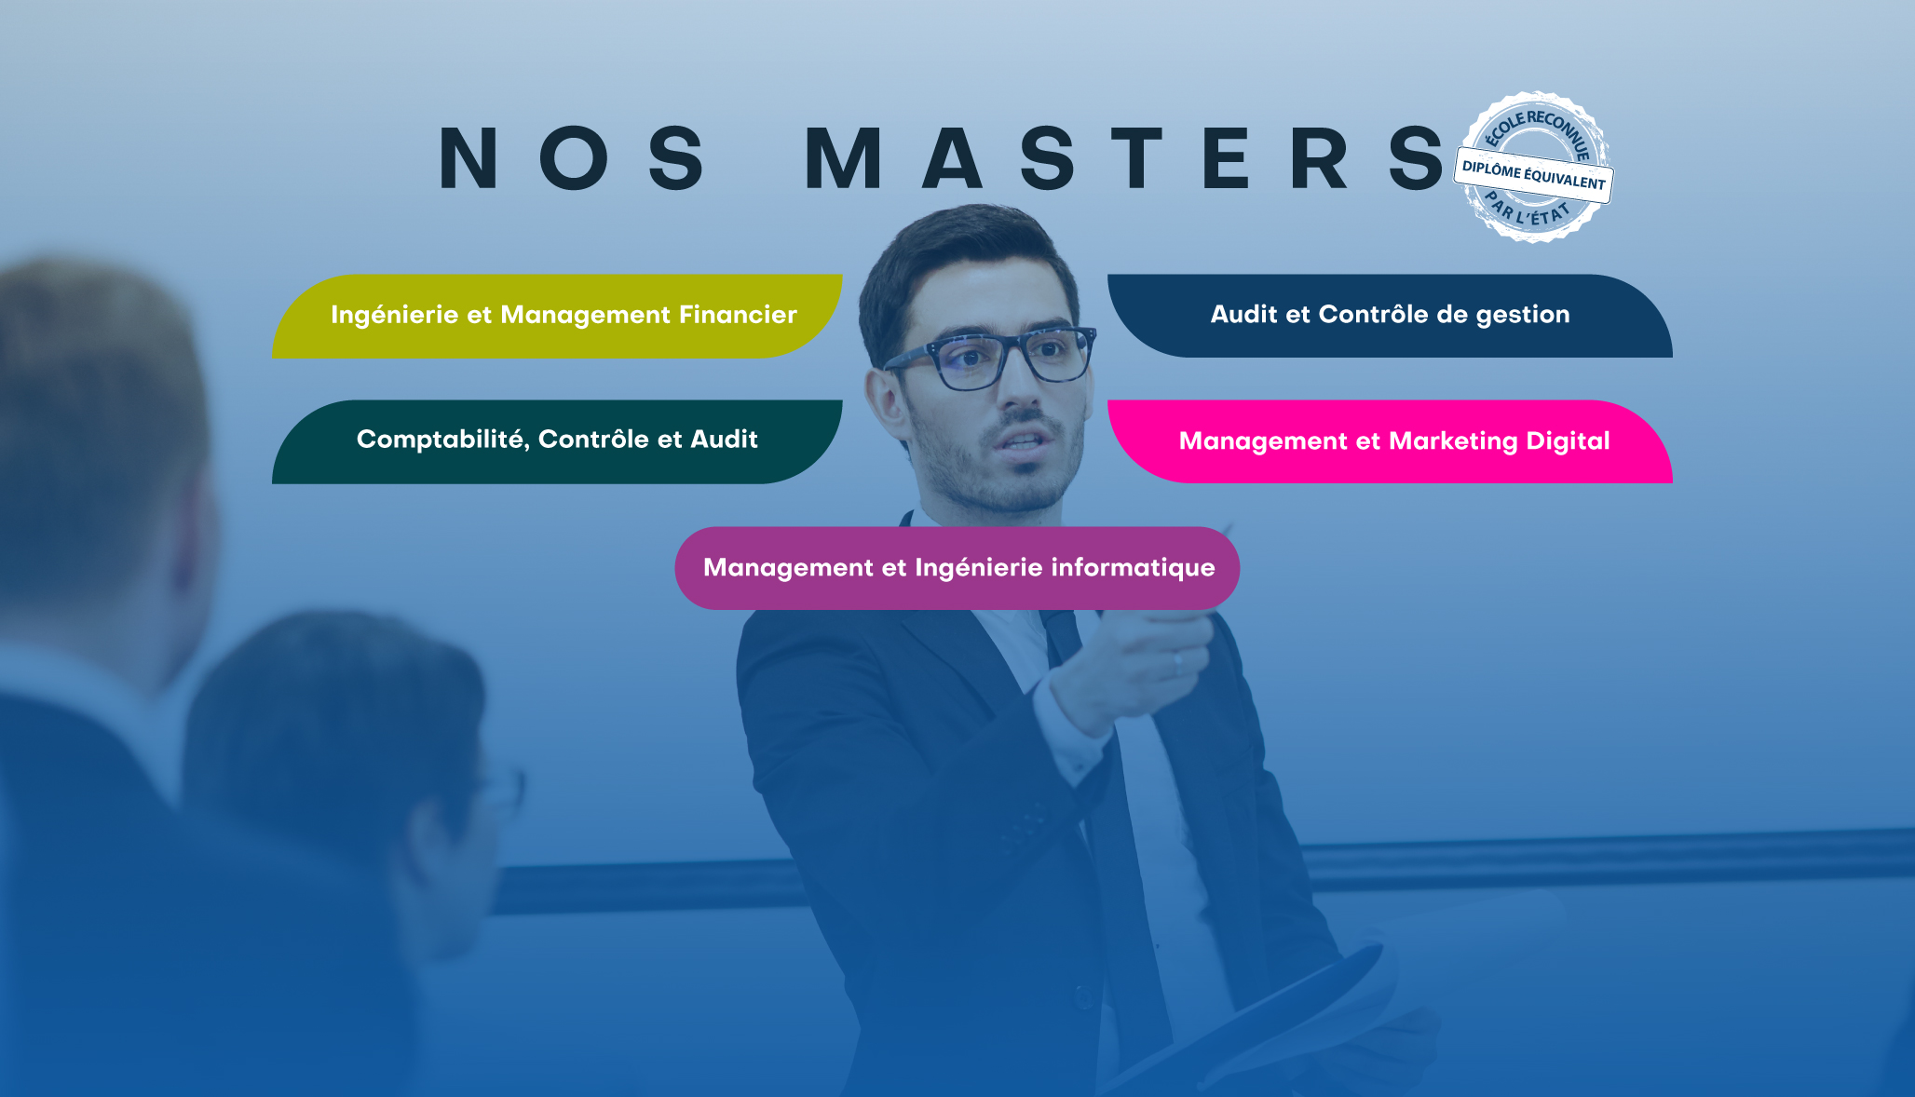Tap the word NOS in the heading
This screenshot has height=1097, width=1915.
tap(573, 158)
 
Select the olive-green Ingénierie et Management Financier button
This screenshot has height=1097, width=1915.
tap(557, 317)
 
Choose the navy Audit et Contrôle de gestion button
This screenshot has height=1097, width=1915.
tap(1390, 316)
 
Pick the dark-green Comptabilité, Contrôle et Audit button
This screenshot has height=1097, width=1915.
tap(557, 441)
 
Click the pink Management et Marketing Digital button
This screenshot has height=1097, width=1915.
tap(1390, 441)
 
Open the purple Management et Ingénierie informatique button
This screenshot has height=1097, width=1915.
tap(957, 568)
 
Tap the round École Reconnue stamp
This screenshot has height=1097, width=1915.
tap(1534, 168)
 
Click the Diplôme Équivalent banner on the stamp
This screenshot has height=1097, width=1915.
tap(1534, 175)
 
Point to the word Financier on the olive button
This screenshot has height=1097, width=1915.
tap(738, 315)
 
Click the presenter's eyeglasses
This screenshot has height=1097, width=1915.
tap(990, 357)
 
